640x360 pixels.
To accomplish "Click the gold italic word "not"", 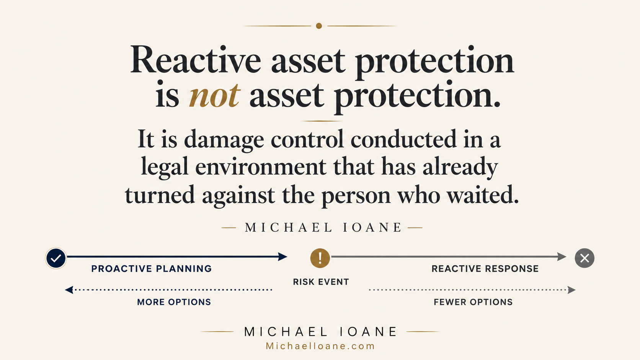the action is pyautogui.click(x=214, y=95).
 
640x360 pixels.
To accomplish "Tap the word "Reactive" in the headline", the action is pyautogui.click(x=196, y=60).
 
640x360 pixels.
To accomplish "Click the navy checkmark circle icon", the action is pyautogui.click(x=56, y=258).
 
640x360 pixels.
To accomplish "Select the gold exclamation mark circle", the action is pyautogui.click(x=320, y=258).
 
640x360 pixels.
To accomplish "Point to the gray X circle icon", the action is pyautogui.click(x=584, y=258).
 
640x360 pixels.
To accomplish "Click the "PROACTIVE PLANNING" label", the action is pyautogui.click(x=152, y=269).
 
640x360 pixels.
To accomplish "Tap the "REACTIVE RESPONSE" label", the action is pyautogui.click(x=485, y=269).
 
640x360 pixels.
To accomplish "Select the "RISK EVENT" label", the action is pyautogui.click(x=321, y=282).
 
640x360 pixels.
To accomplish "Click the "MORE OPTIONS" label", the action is pyautogui.click(x=174, y=302).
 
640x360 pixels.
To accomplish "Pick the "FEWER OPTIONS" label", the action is pyautogui.click(x=473, y=302).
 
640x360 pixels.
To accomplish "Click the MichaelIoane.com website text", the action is pyautogui.click(x=320, y=346).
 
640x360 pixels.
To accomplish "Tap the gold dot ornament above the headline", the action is pyautogui.click(x=319, y=26).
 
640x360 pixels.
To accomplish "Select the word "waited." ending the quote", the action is pyautogui.click(x=483, y=195).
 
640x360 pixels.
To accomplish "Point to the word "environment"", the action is pyautogui.click(x=261, y=167).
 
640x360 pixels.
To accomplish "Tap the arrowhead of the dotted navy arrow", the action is pyautogui.click(x=69, y=290).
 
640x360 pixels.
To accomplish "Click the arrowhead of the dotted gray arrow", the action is pyautogui.click(x=571, y=290).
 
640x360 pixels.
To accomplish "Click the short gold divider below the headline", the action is pyautogui.click(x=322, y=121).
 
